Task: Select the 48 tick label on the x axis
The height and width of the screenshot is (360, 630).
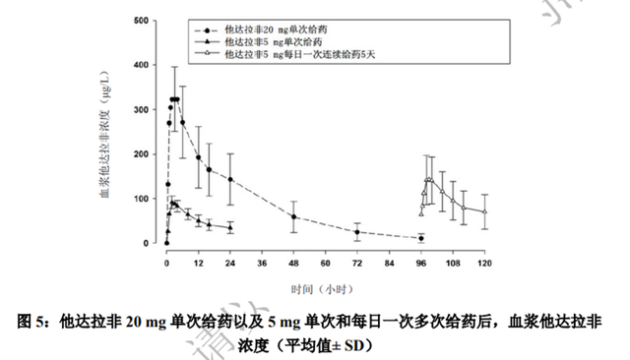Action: click(293, 264)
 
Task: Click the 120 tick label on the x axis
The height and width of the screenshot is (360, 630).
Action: click(483, 264)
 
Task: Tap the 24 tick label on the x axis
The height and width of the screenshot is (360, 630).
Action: click(230, 264)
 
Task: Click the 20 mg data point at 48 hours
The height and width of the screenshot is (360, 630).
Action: click(294, 216)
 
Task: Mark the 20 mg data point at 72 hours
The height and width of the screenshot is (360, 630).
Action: click(357, 232)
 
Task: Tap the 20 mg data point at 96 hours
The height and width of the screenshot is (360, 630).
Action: click(420, 238)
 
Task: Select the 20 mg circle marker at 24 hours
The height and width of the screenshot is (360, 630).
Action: click(230, 179)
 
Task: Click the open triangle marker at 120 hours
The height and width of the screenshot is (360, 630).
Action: click(484, 210)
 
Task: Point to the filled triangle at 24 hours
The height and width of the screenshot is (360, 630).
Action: click(230, 227)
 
